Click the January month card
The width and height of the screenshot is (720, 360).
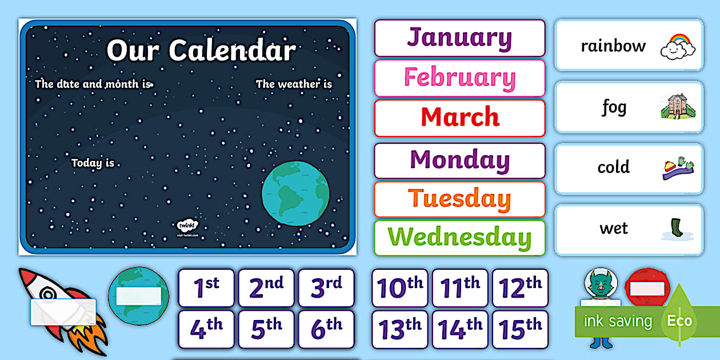click(x=459, y=38)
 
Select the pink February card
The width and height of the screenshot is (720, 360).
click(x=459, y=78)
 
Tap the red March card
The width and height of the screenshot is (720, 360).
click(x=459, y=118)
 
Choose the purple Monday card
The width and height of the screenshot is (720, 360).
click(x=459, y=161)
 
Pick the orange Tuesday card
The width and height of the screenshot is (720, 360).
click(x=459, y=199)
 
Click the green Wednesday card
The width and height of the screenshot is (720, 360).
click(x=459, y=238)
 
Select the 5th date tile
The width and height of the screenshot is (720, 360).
click(x=266, y=329)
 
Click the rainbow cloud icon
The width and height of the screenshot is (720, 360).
click(x=678, y=46)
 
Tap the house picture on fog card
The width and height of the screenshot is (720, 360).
click(x=678, y=107)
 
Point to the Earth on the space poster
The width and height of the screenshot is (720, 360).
click(x=295, y=193)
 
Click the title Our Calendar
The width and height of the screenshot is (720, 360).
click(x=201, y=50)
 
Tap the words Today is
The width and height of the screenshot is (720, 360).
click(x=93, y=163)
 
